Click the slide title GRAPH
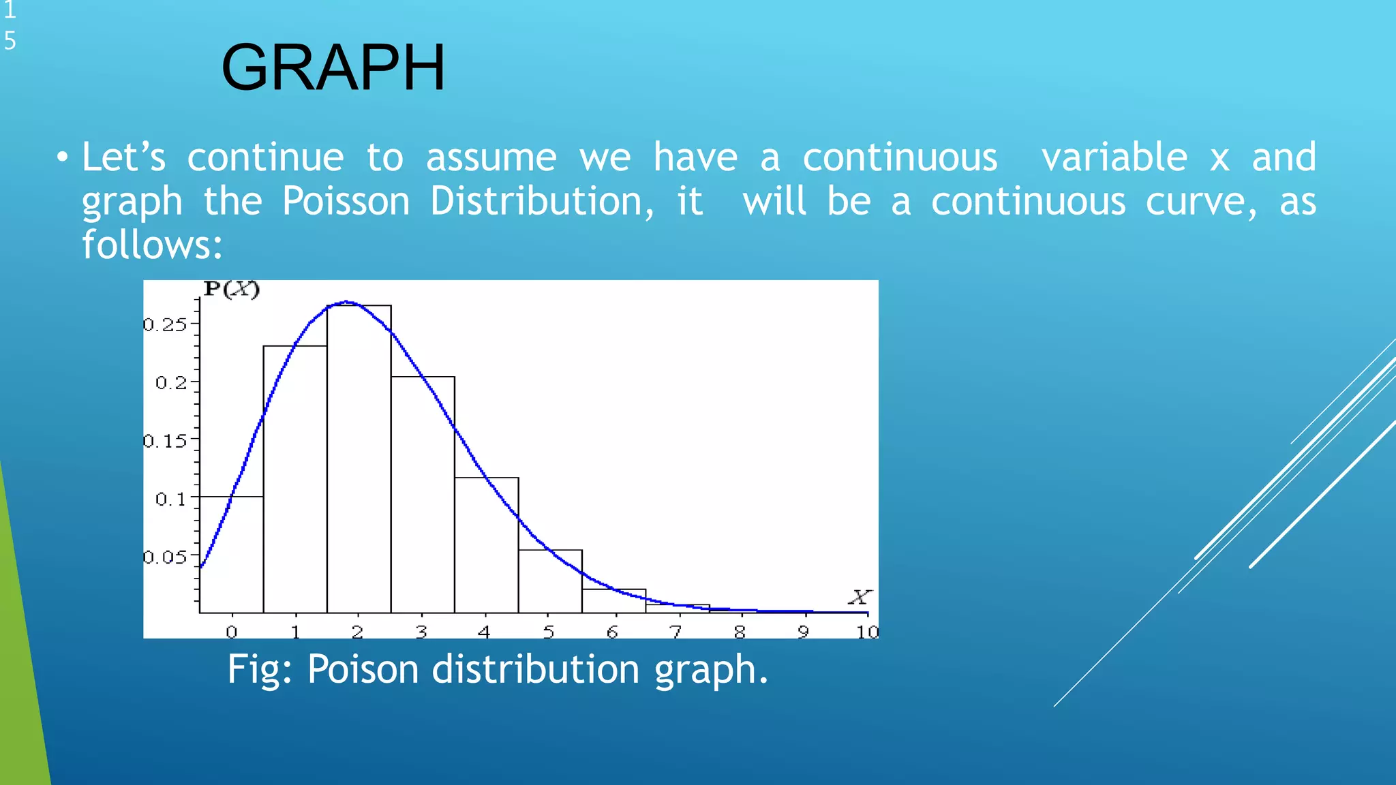333,67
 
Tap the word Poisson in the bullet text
346,202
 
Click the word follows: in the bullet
152,245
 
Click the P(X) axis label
232,290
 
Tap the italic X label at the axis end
859,598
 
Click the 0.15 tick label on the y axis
165,441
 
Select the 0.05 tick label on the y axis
165,557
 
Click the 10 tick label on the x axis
867,632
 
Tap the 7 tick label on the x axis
676,632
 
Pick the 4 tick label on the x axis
484,632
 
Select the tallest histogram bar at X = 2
359,463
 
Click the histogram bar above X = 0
232,555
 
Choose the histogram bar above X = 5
549,583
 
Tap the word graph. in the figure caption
711,669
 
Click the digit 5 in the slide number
10,41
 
